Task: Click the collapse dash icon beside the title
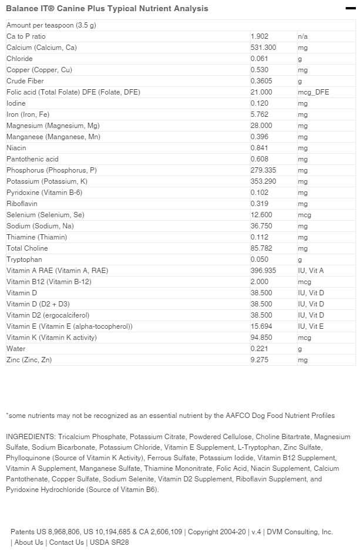pyautogui.click(x=351, y=8)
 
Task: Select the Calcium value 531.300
pyautogui.click(x=263, y=48)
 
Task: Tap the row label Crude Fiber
pyautogui.click(x=25, y=81)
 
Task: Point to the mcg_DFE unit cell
pyautogui.click(x=314, y=92)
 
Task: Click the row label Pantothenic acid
pyautogui.click(x=32, y=159)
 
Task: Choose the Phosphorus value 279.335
pyautogui.click(x=263, y=170)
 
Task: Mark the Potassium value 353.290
pyautogui.click(x=263, y=181)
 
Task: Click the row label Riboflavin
pyautogui.click(x=21, y=204)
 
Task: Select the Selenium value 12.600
pyautogui.click(x=261, y=215)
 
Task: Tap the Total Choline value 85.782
pyautogui.click(x=261, y=248)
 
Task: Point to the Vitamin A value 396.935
pyautogui.click(x=263, y=271)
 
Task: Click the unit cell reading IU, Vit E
pyautogui.click(x=311, y=326)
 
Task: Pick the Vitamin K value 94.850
pyautogui.click(x=261, y=338)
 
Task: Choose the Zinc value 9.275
pyautogui.click(x=259, y=360)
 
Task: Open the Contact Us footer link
pyautogui.click(x=66, y=542)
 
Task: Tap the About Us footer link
pyautogui.click(x=29, y=542)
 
